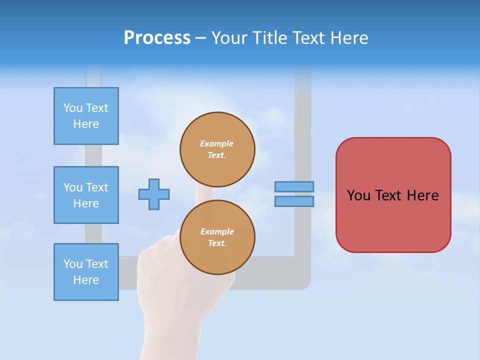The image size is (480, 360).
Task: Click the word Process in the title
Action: [157, 38]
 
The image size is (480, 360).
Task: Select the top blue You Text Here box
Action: [86, 116]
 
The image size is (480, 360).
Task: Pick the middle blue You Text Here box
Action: [86, 195]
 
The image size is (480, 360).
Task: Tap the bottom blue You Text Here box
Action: [86, 272]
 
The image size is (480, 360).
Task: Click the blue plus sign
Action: [154, 194]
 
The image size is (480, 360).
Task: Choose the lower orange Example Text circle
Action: [217, 237]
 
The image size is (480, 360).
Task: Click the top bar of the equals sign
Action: [294, 186]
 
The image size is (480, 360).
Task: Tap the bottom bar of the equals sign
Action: [294, 201]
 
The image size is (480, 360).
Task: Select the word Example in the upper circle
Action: [217, 143]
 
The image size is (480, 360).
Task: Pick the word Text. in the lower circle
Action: [217, 243]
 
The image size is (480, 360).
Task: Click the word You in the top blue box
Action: [73, 108]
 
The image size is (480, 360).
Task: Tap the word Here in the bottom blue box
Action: [86, 280]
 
